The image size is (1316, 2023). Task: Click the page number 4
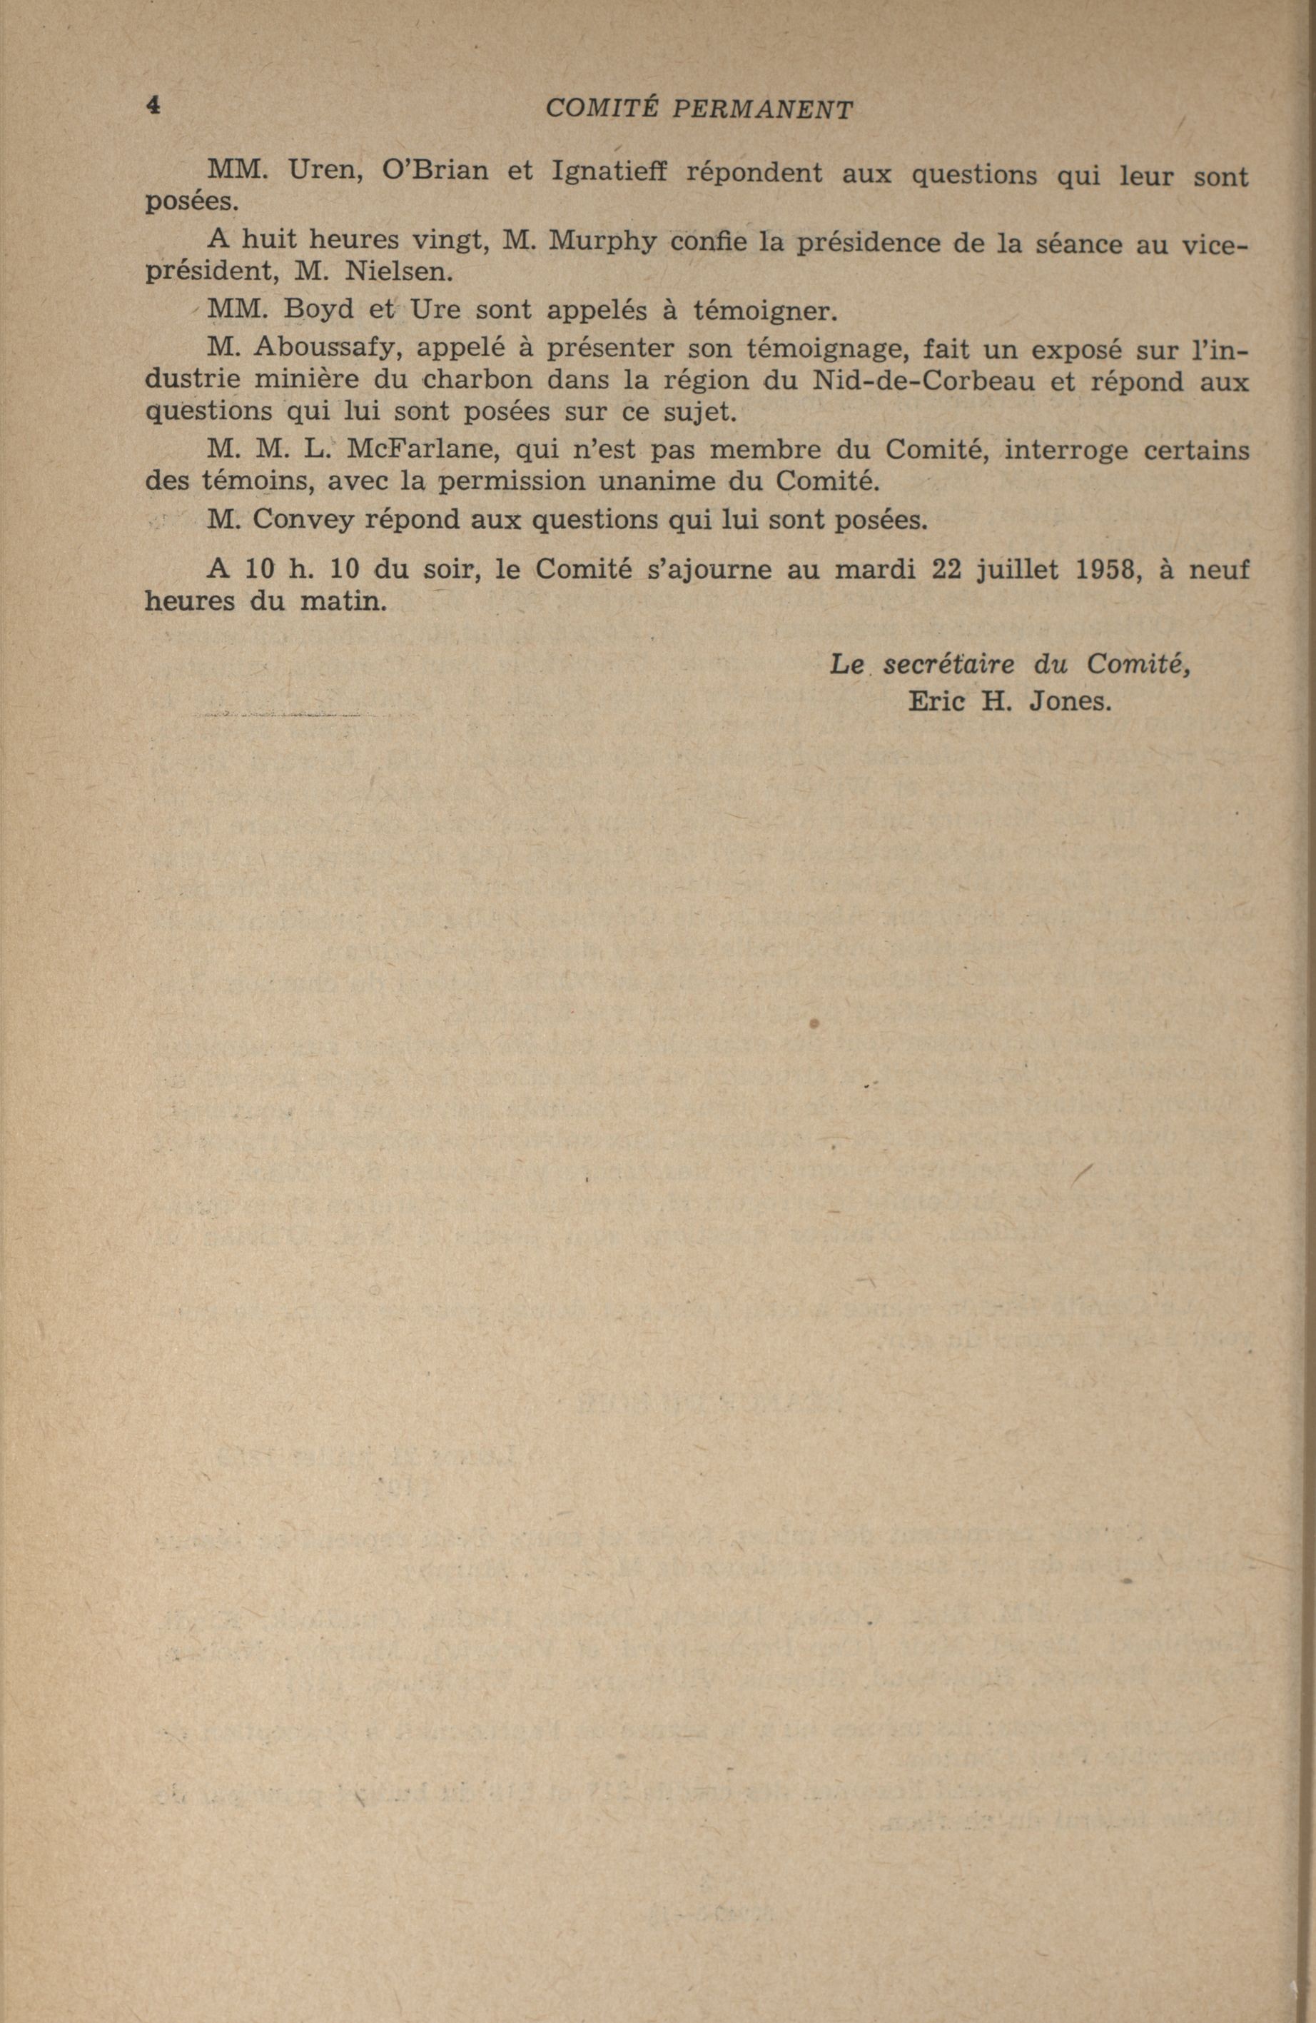[x=153, y=106]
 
